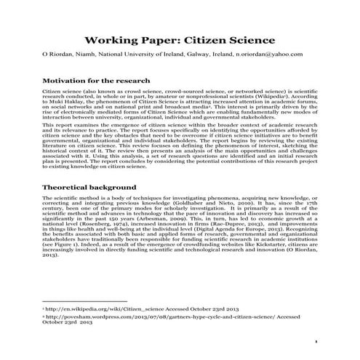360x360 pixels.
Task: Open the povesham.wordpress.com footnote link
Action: click(x=145, y=317)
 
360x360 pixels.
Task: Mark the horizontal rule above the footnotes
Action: click(x=85, y=300)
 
